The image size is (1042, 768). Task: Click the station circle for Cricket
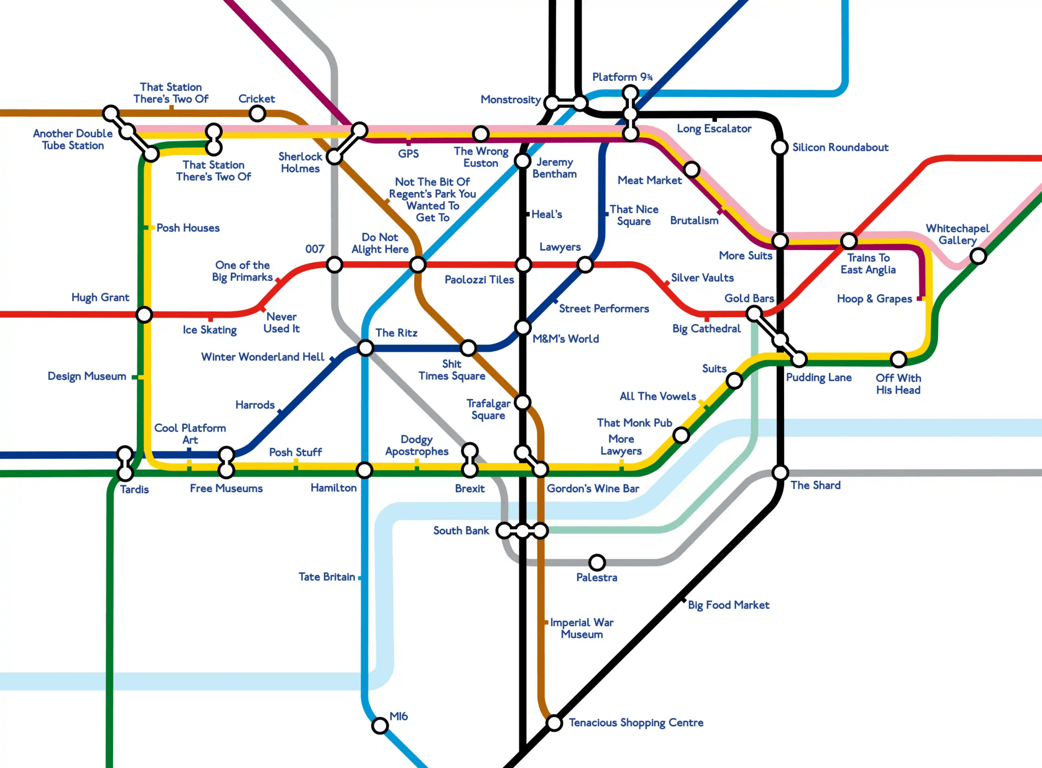(x=257, y=113)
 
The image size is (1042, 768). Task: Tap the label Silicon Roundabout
(x=840, y=147)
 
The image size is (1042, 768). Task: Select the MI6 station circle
(x=380, y=725)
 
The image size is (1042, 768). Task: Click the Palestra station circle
(x=597, y=563)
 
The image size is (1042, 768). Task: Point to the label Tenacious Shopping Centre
(x=636, y=722)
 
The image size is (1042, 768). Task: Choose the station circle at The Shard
(x=780, y=473)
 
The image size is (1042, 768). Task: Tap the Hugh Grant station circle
(x=144, y=315)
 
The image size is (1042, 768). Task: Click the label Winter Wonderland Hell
(x=263, y=357)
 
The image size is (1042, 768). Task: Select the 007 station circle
(x=334, y=265)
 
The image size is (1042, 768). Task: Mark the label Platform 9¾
(x=622, y=77)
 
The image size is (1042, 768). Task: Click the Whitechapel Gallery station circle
(x=978, y=256)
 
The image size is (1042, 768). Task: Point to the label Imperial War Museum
(x=582, y=628)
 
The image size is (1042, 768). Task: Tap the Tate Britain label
(x=327, y=577)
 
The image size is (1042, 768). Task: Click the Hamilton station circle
(x=364, y=470)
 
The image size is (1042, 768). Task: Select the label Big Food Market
(x=728, y=605)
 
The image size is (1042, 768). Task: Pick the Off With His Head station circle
(x=899, y=359)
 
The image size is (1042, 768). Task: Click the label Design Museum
(x=87, y=376)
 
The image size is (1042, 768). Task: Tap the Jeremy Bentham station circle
(x=523, y=161)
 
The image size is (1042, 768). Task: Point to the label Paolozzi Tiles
(x=479, y=280)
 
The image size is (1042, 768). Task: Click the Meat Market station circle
(x=691, y=169)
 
